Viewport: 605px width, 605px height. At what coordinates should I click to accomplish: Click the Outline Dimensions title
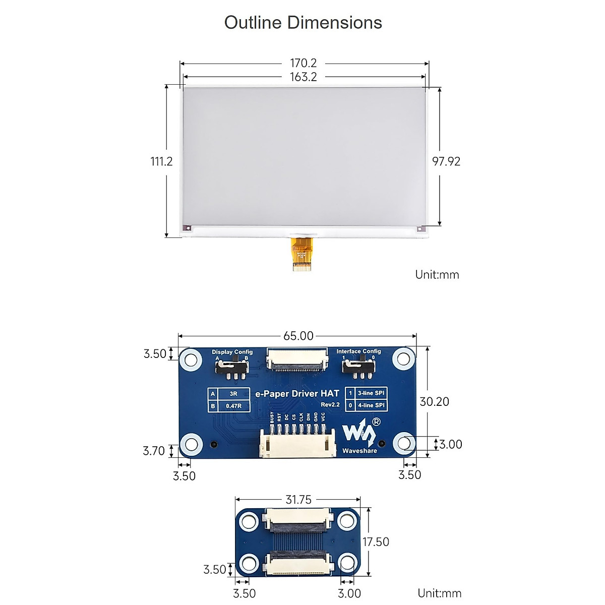[302, 23]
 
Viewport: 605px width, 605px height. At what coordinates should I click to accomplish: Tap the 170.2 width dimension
[303, 63]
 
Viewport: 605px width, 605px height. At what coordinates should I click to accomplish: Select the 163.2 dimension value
[303, 77]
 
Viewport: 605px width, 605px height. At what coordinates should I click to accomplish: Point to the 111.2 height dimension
[161, 161]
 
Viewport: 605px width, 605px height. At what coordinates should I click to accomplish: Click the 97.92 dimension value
[446, 161]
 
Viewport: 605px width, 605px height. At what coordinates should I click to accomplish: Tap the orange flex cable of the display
[301, 254]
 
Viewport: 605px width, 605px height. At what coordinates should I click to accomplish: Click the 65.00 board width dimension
[298, 336]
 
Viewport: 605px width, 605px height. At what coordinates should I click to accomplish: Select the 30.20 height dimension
[434, 401]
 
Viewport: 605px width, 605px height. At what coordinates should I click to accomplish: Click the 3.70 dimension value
[154, 451]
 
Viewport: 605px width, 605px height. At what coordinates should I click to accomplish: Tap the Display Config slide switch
[232, 367]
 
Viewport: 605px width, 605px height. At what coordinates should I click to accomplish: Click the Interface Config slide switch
[358, 366]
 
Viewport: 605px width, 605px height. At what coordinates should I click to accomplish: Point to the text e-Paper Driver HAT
[297, 394]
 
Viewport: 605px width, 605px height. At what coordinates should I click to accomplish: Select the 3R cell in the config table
[233, 394]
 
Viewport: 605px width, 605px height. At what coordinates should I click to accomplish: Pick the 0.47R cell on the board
[233, 406]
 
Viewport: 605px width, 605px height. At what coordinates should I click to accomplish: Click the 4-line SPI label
[371, 405]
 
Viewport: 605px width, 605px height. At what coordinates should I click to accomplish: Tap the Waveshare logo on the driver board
[359, 435]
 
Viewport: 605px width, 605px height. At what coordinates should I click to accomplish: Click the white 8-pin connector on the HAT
[297, 444]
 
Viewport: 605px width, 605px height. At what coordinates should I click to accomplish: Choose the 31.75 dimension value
[298, 500]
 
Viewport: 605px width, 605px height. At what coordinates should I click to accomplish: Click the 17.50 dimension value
[376, 542]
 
